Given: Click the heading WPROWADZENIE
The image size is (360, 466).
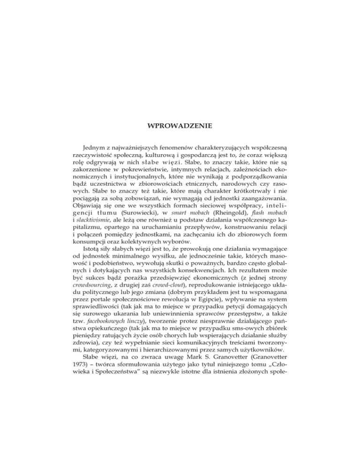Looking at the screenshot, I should [x=180, y=126].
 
